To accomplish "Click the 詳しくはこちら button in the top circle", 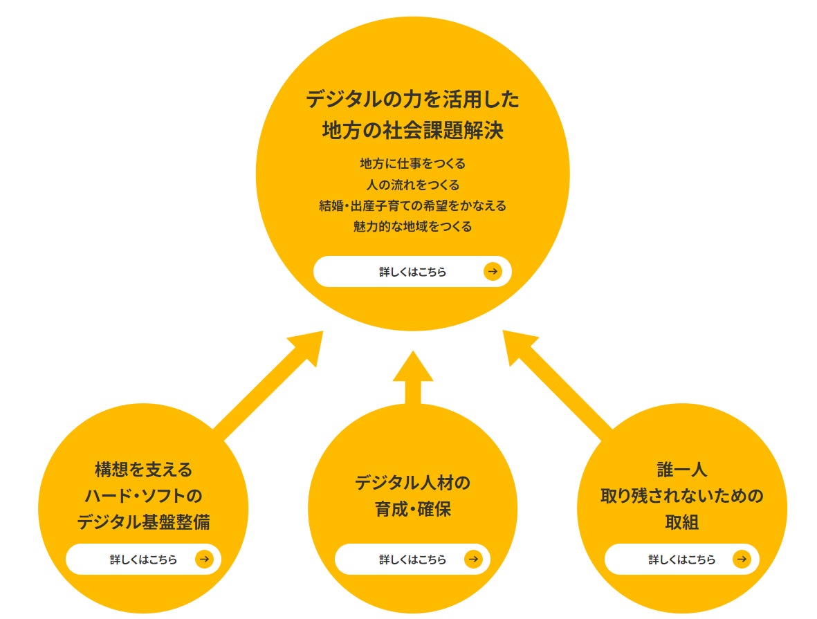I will coord(412,272).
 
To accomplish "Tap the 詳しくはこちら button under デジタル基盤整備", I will coord(143,560).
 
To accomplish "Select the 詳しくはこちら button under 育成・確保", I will coord(412,560).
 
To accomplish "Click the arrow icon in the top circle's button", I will coord(492,272).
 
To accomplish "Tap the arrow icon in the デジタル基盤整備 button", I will coord(204,560).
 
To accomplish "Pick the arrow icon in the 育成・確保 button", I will coord(473,560).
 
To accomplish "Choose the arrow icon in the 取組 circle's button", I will coord(742,560).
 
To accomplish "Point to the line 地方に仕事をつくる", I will coord(412,164).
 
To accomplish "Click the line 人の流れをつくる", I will coord(412,185).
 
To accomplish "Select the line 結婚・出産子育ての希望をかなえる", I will coord(412,205).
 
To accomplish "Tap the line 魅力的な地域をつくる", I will coord(412,226).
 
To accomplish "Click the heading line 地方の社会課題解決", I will coord(412,131).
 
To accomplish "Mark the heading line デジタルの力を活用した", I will coord(412,100).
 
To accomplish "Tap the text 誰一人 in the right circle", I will coord(681,470).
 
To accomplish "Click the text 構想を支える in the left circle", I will coord(143,470).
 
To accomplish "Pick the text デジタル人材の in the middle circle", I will coord(412,482).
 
